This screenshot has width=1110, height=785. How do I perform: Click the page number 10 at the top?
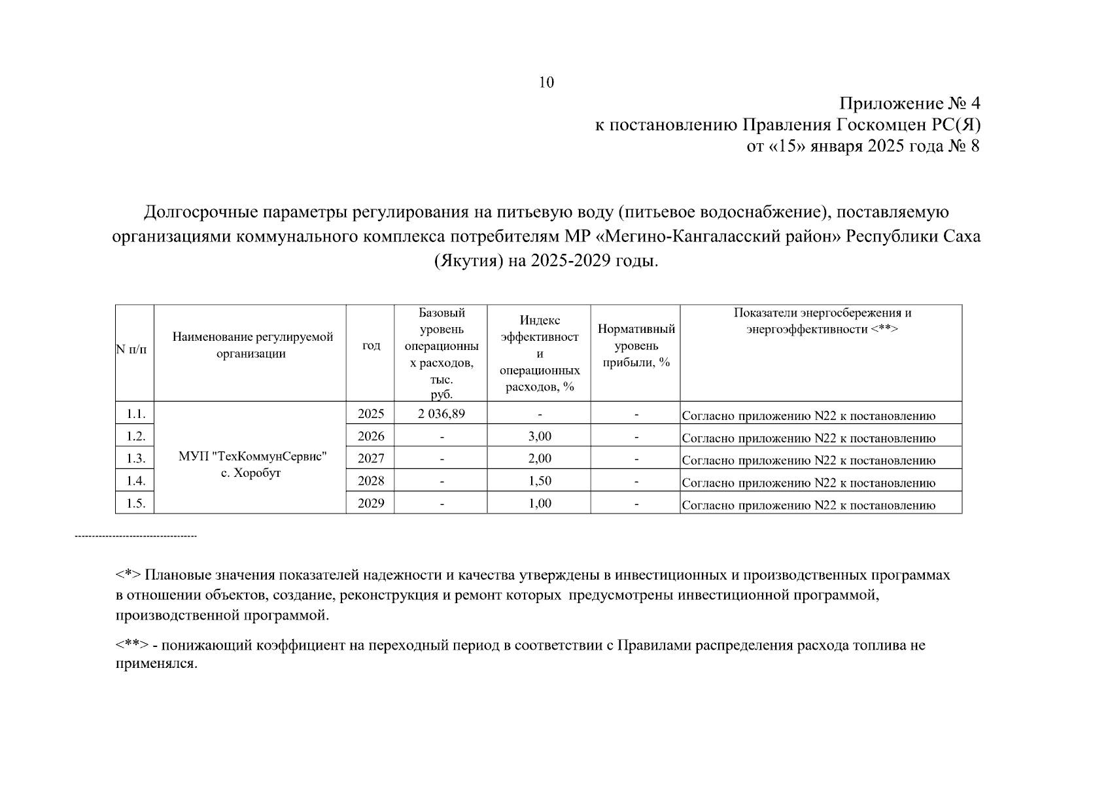click(546, 82)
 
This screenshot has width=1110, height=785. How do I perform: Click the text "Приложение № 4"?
click(910, 103)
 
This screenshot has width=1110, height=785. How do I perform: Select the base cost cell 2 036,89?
click(441, 413)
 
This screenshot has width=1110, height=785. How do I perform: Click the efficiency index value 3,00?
click(540, 436)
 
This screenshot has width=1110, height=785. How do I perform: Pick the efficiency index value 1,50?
click(540, 481)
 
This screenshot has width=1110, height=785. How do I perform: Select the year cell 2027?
click(371, 459)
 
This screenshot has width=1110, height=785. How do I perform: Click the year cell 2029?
click(371, 503)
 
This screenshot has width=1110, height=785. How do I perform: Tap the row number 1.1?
click(135, 413)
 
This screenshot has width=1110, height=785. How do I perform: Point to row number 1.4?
click(135, 481)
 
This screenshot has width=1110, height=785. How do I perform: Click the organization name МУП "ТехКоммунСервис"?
click(252, 457)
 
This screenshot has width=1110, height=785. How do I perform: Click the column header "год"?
click(371, 345)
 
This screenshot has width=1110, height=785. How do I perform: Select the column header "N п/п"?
click(131, 349)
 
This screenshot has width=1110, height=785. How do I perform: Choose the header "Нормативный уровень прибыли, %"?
click(636, 345)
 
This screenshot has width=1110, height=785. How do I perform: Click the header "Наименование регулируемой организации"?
click(252, 345)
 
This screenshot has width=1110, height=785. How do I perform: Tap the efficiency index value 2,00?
click(540, 459)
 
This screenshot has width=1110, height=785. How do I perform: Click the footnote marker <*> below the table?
click(128, 576)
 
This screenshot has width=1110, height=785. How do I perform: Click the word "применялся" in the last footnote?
click(156, 664)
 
